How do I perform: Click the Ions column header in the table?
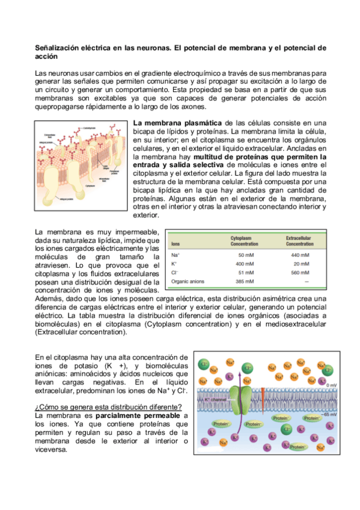coord(176,244)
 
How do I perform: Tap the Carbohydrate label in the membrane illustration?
coord(90,127)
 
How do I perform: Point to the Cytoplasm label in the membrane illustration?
coord(90,186)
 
